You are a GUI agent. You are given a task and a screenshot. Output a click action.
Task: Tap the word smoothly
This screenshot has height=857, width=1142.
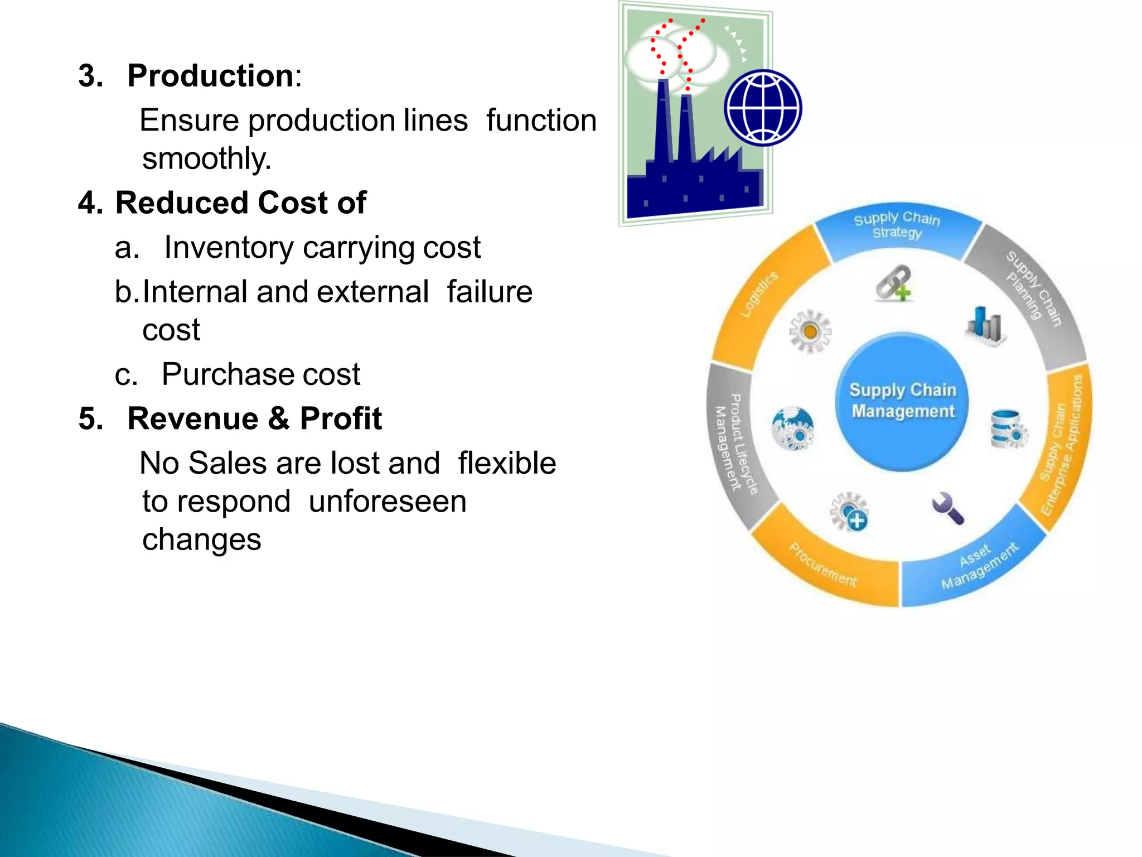pos(206,158)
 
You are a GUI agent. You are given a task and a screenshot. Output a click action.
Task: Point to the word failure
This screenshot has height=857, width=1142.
pos(490,292)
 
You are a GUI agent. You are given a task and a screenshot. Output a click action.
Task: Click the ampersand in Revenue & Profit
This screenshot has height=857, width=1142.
pos(279,419)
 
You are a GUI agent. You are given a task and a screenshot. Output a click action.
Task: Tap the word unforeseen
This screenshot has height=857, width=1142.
pos(387,501)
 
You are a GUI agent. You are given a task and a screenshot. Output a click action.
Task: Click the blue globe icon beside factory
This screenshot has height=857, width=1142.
pos(762,108)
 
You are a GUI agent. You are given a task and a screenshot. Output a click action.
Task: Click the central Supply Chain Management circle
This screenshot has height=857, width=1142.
pos(902,401)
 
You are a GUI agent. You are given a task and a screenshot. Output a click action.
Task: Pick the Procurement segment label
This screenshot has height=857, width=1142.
pos(823,564)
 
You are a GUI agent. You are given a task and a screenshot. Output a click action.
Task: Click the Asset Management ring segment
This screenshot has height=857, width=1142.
pos(979,565)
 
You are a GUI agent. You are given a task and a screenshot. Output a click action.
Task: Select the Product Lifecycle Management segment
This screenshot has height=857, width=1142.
pos(734,444)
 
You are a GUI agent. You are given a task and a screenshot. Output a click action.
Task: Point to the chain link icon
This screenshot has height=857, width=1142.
pos(893,283)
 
